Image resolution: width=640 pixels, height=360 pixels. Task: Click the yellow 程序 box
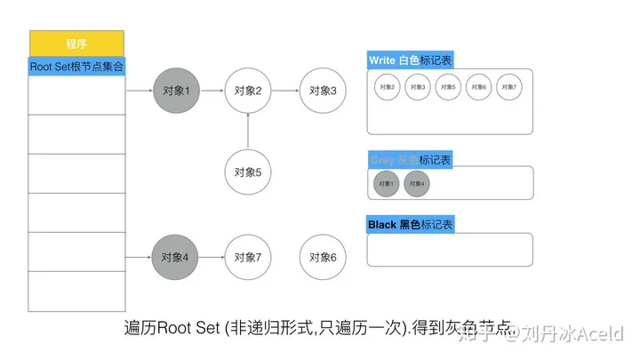tap(76, 44)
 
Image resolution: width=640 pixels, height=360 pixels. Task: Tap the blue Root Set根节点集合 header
tap(76, 66)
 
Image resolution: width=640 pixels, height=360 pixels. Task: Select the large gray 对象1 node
tap(177, 90)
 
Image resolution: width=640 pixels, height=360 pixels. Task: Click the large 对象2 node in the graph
tap(247, 90)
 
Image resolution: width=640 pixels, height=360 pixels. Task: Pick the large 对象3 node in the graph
tap(323, 90)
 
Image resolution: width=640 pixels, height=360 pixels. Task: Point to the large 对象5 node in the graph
tap(247, 172)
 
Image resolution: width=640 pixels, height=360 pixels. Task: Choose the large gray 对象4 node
tap(177, 257)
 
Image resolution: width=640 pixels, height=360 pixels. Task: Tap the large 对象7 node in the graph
tap(247, 257)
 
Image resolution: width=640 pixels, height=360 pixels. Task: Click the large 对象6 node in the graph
tap(323, 257)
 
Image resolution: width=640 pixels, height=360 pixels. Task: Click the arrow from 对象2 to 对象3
tap(284, 90)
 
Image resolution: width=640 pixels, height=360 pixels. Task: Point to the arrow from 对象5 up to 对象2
tap(247, 131)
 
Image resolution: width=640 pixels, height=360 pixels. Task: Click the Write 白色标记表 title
tap(410, 60)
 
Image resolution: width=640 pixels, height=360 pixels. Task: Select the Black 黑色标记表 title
tap(410, 225)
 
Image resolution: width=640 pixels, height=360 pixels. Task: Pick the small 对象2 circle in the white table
tap(388, 87)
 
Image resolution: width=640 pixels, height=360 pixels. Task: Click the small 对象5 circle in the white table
tap(448, 87)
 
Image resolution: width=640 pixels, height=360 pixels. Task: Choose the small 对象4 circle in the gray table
tap(417, 184)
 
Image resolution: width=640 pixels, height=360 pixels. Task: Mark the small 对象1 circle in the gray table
tap(386, 184)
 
